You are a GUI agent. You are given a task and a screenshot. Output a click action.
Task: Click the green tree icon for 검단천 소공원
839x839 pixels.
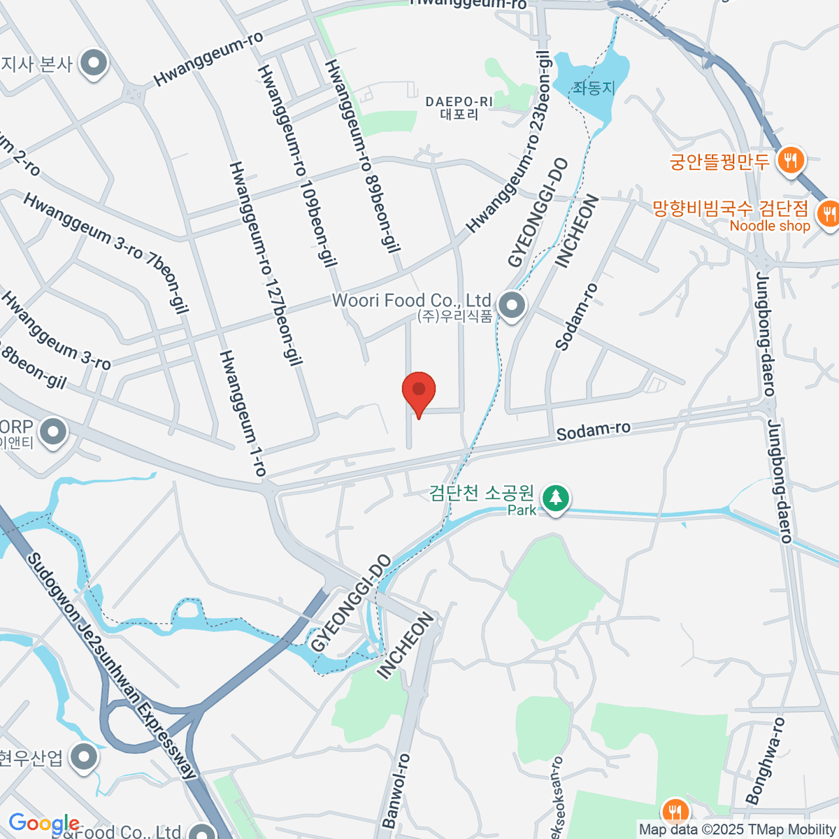(x=556, y=498)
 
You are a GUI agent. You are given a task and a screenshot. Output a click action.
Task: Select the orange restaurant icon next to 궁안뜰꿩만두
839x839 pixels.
(x=791, y=160)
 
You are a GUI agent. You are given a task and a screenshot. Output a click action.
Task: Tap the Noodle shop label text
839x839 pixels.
(x=769, y=226)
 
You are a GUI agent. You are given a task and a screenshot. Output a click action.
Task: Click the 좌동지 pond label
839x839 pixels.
(x=594, y=88)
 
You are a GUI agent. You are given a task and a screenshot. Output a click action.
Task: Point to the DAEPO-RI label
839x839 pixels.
(x=459, y=102)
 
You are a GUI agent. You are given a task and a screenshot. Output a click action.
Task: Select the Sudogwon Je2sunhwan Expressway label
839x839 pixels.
(x=113, y=665)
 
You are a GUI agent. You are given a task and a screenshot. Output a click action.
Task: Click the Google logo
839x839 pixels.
(x=43, y=823)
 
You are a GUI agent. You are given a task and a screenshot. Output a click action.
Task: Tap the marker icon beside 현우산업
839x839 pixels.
(x=85, y=756)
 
